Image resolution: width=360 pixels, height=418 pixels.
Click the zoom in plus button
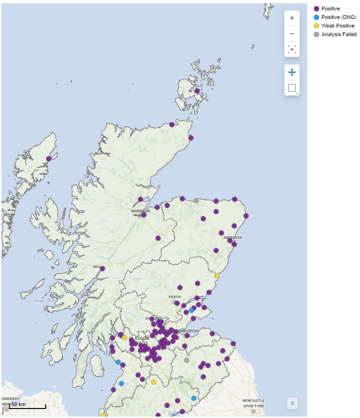point(292,18)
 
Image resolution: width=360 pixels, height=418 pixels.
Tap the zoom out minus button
point(292,34)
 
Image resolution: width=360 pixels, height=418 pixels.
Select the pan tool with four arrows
point(292,72)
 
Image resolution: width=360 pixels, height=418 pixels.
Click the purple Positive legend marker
point(317,9)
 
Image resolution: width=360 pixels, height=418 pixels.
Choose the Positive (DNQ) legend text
point(339,17)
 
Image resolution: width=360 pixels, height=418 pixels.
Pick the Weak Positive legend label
point(338,26)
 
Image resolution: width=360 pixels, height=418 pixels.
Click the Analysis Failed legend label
point(339,34)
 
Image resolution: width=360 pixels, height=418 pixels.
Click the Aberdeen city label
point(233,237)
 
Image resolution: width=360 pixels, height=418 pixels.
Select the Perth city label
point(175,297)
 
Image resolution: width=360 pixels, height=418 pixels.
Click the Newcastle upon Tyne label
point(253,403)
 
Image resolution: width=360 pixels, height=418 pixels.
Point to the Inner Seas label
point(45,301)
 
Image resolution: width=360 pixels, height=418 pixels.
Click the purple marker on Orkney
point(197,91)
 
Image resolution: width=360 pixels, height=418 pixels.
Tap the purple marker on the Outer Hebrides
point(49,159)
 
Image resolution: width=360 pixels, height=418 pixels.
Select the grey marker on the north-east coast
point(196,200)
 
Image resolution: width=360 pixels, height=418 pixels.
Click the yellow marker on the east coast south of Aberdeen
point(217,275)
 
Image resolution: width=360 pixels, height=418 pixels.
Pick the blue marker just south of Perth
point(191,310)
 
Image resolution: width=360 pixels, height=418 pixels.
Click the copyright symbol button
point(292,403)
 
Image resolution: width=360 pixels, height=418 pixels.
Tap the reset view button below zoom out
point(292,49)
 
